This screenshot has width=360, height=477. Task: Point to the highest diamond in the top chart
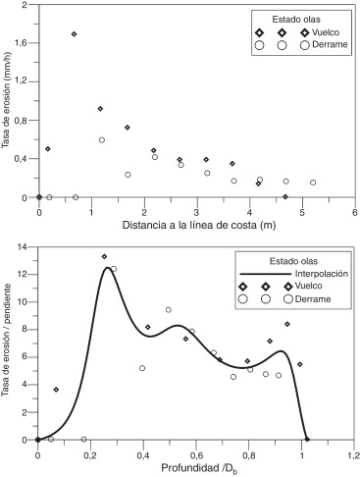[75, 34]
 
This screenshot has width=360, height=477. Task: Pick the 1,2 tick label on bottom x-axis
[354, 452]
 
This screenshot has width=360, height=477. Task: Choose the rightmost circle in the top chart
[313, 183]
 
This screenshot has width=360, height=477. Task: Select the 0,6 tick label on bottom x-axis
[196, 452]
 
